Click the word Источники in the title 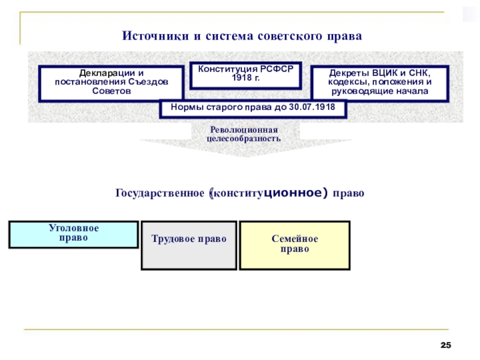155,36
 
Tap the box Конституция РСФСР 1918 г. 245,76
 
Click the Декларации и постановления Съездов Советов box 111,83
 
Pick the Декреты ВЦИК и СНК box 380,83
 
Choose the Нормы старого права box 253,109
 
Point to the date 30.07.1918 312,107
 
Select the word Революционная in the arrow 244,130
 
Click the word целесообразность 244,139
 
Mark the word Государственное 160,193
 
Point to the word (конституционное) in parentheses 268,193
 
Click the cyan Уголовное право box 73,235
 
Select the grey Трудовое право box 189,245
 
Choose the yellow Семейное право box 295,245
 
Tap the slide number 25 446,345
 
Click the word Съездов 148,82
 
